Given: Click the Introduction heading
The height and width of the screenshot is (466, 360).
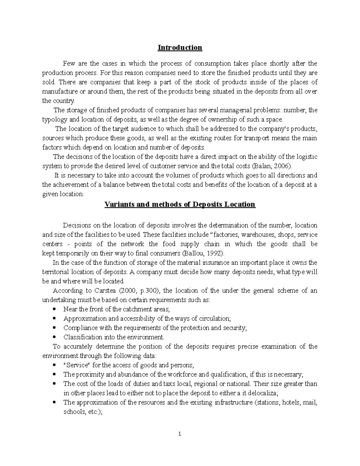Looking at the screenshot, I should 180,48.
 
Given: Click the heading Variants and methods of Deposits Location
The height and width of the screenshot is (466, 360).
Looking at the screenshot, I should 180,204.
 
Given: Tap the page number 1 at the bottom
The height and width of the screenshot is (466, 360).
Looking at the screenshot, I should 180,434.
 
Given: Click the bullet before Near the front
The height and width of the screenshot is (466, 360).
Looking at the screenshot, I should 54,309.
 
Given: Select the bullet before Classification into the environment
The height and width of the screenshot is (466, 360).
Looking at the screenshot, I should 54,337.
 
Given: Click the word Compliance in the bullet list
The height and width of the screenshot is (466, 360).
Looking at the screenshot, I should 76,328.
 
